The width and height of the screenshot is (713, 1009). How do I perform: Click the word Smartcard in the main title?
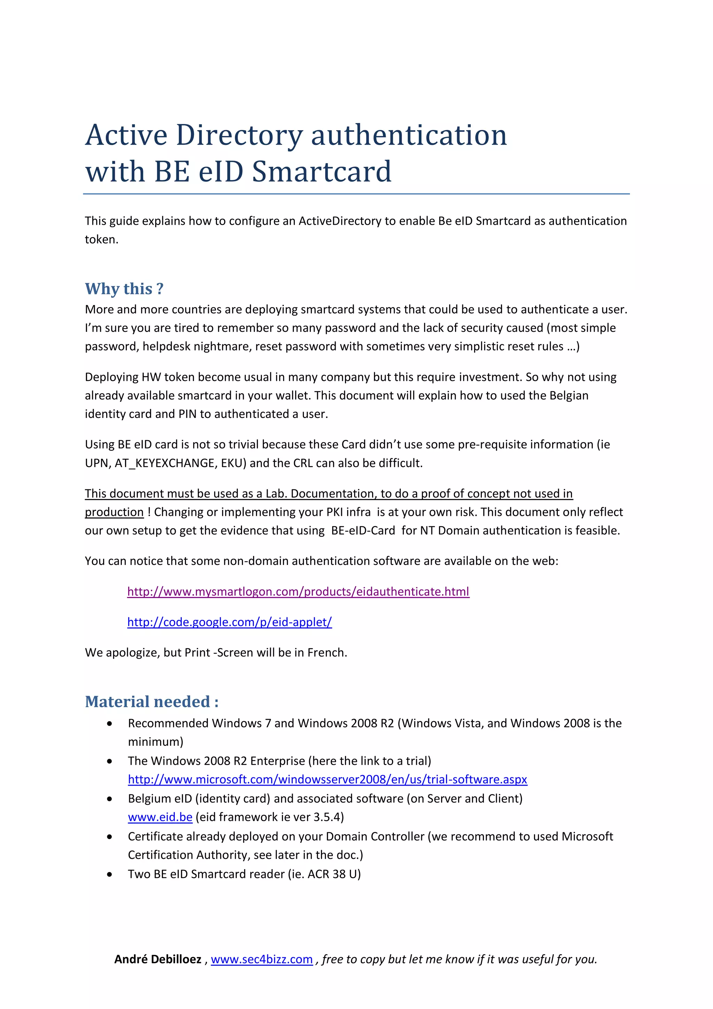[321, 171]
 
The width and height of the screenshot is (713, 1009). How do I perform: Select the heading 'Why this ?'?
[124, 289]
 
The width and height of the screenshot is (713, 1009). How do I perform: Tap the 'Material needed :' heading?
[151, 702]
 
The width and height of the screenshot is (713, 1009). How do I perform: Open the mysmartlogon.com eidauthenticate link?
[298, 591]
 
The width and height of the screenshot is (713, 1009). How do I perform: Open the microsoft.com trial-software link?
[328, 779]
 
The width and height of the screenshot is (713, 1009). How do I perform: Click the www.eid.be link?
[160, 817]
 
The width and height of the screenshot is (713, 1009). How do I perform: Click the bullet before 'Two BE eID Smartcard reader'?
[109, 874]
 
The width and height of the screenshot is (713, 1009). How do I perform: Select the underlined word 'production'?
[114, 512]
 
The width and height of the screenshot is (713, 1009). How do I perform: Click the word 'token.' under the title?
[101, 239]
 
